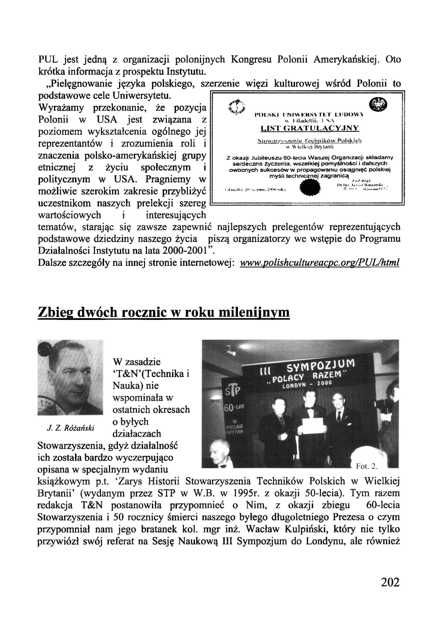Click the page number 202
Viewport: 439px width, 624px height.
click(390, 582)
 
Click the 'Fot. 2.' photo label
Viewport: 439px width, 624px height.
click(367, 465)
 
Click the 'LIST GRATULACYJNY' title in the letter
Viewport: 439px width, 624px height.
click(309, 128)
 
